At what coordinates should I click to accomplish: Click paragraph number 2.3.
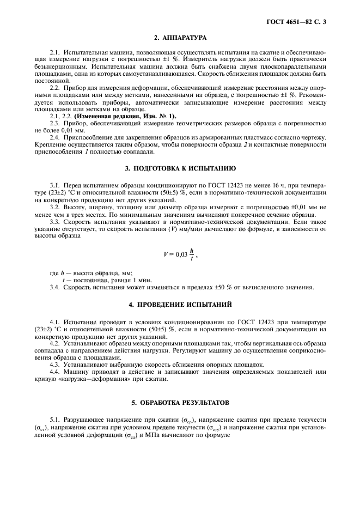[x=55, y=124]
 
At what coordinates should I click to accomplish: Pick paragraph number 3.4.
[x=55, y=287]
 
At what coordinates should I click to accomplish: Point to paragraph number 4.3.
[x=55, y=365]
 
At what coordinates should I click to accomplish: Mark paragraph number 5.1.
[x=55, y=420]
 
